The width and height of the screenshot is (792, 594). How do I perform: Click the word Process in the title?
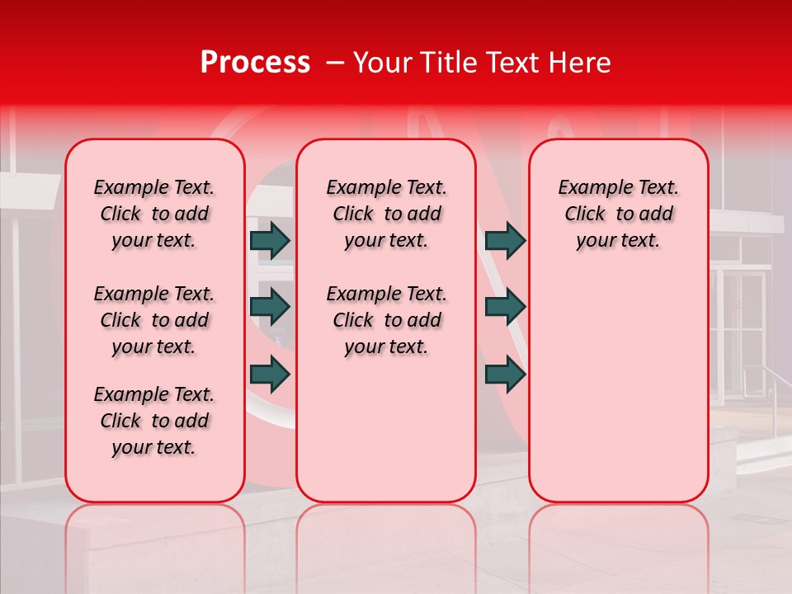pyautogui.click(x=254, y=63)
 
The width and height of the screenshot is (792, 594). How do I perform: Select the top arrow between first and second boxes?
pyautogui.click(x=270, y=241)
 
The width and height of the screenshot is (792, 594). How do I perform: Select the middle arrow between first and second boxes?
pyautogui.click(x=270, y=307)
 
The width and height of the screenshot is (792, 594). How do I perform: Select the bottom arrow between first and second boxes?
pyautogui.click(x=270, y=374)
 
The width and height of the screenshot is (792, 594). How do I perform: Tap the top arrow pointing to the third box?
pyautogui.click(x=505, y=241)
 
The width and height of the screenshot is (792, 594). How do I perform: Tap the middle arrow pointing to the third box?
pyautogui.click(x=505, y=307)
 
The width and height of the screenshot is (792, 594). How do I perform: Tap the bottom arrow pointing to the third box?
pyautogui.click(x=505, y=374)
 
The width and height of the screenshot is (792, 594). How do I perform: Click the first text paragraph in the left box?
pyautogui.click(x=154, y=214)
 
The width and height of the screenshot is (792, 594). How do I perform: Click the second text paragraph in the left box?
pyautogui.click(x=154, y=320)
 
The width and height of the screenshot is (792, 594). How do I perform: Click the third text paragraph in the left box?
pyautogui.click(x=154, y=421)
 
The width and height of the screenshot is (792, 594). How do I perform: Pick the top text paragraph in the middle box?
pyautogui.click(x=386, y=214)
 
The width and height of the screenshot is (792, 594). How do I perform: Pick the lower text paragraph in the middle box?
pyautogui.click(x=386, y=320)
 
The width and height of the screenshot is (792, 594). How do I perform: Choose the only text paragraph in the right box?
pyautogui.click(x=618, y=214)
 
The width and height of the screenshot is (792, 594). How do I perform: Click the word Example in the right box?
pyautogui.click(x=589, y=188)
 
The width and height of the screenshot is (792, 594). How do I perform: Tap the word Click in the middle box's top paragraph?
pyautogui.click(x=352, y=214)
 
